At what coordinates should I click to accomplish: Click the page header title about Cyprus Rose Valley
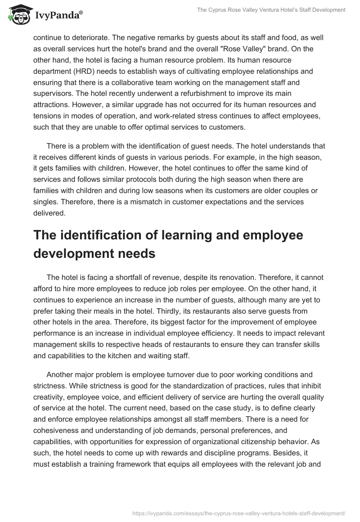(271, 10)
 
